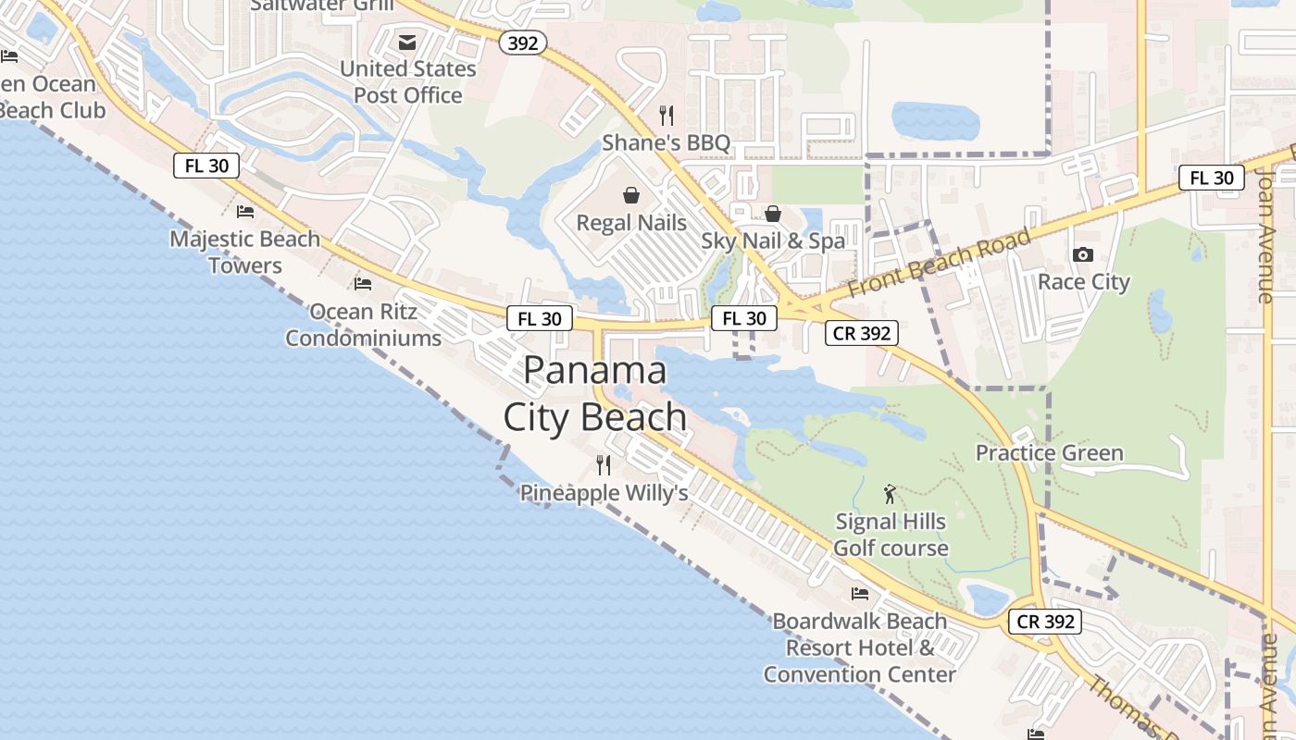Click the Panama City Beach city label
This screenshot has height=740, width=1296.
[595, 394]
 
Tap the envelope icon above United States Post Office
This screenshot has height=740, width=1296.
[407, 43]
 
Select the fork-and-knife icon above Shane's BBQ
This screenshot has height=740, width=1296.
[666, 115]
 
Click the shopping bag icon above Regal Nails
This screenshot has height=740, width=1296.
[631, 195]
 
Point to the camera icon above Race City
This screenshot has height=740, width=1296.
[1082, 254]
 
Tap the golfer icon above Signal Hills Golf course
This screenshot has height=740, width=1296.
[891, 494]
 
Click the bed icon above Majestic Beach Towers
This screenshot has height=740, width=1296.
[245, 212]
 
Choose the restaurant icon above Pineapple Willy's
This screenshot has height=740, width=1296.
[604, 464]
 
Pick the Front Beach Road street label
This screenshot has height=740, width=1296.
[939, 263]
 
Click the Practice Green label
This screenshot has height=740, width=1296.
[1049, 453]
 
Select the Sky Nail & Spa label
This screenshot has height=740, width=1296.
[773, 241]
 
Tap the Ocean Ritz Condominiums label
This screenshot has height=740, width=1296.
[363, 325]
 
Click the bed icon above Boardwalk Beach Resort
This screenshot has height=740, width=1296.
[860, 593]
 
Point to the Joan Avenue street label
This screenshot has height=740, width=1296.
[1265, 236]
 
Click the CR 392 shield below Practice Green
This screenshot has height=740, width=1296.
[1045, 622]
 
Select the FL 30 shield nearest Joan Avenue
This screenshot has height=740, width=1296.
[1211, 178]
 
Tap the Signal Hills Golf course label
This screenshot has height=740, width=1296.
[891, 535]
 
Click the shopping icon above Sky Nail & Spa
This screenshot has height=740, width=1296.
[773, 214]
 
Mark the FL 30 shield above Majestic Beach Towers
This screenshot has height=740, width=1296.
[206, 166]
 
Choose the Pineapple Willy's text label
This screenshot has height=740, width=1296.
[604, 493]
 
